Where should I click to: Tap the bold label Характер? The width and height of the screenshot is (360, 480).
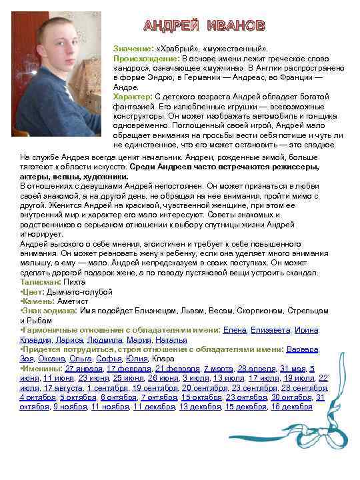[133, 96]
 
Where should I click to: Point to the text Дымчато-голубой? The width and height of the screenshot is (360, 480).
[75, 292]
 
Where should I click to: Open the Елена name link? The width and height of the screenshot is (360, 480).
[234, 330]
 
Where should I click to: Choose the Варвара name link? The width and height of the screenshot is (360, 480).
[302, 349]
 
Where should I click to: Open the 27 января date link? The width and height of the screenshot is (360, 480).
[84, 368]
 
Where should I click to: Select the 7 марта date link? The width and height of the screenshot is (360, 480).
[218, 368]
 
